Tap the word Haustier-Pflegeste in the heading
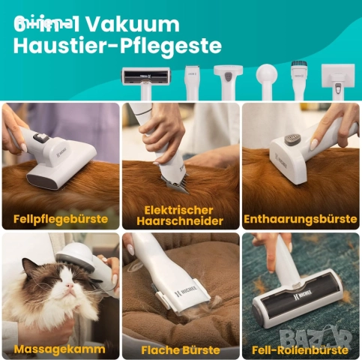pos(118,46)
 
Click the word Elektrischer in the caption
pos(180,210)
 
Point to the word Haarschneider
pos(180,221)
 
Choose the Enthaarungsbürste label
pos(300,220)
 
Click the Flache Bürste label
pos(180,349)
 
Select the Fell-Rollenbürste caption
pos(300,349)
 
